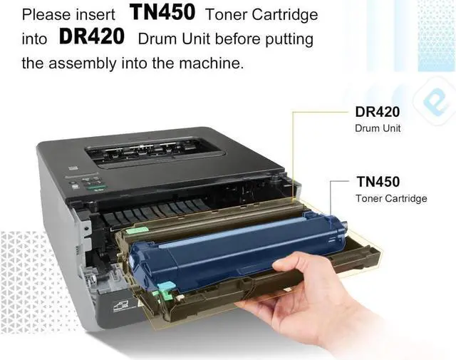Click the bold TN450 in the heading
[162, 13]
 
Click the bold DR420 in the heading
[92, 36]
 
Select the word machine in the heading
[211, 63]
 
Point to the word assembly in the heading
[83, 63]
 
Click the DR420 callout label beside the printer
[378, 112]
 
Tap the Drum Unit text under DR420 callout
[378, 128]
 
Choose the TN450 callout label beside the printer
[378, 182]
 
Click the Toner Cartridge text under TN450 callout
[391, 198]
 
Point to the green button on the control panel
[96, 187]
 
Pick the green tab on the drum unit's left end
[136, 231]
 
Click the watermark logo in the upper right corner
[435, 101]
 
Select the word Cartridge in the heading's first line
[285, 15]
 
